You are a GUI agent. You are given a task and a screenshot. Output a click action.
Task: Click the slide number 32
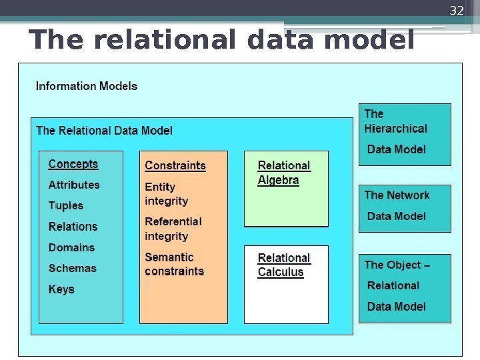click(457, 11)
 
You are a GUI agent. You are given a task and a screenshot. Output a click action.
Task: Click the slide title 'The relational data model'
click(221, 40)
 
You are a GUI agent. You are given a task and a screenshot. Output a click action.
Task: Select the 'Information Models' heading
click(87, 86)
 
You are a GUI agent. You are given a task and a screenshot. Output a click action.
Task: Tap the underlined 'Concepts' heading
click(73, 164)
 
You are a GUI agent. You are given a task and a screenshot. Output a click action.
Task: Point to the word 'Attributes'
click(74, 185)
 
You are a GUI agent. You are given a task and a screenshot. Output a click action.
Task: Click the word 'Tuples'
click(66, 205)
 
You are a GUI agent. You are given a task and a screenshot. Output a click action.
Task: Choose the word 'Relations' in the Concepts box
click(73, 227)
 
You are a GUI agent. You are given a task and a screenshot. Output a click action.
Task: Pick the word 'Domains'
click(71, 247)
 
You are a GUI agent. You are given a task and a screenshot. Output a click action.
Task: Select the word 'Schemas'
click(72, 268)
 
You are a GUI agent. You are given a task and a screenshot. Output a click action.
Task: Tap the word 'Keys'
click(61, 289)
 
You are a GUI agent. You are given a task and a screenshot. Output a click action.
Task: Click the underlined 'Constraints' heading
click(175, 165)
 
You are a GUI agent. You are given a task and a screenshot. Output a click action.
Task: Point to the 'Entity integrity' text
click(167, 194)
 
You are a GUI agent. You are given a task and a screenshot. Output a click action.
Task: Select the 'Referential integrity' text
click(173, 229)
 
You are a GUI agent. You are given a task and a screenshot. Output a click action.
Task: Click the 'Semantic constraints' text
click(175, 264)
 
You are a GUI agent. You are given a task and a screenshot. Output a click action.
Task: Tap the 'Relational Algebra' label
click(284, 173)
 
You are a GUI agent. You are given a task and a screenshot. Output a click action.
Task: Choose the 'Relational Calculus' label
click(284, 265)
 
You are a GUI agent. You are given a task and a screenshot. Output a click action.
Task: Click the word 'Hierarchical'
click(396, 129)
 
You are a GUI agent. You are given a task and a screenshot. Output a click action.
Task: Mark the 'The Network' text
click(397, 195)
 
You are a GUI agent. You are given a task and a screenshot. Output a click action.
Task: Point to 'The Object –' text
click(397, 265)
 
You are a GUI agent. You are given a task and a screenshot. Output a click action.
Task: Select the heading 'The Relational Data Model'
click(104, 130)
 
